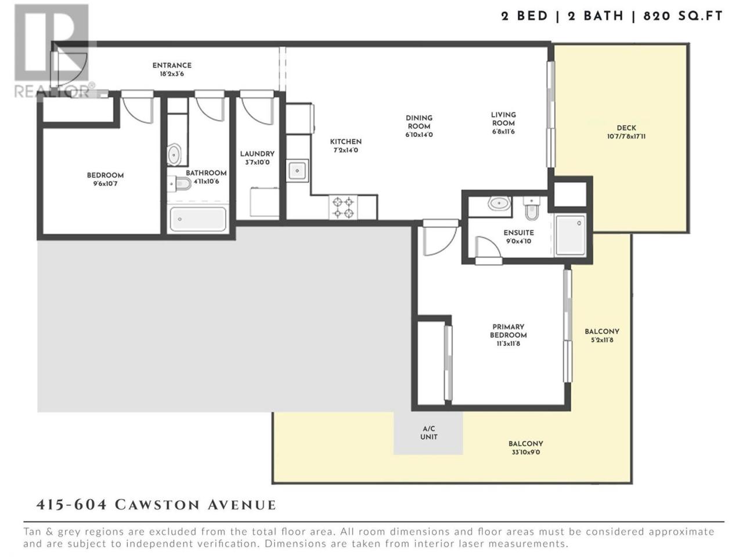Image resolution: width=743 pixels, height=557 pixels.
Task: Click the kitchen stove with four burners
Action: (x=343, y=208)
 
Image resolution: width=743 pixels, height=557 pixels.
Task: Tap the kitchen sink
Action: (x=297, y=171)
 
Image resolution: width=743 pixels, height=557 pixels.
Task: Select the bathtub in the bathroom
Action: (x=198, y=219)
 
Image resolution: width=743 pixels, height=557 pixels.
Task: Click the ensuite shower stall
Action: (x=571, y=236)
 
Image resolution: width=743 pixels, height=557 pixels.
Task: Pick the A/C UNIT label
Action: (x=428, y=433)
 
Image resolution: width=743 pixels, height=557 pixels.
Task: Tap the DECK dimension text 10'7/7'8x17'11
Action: (x=626, y=136)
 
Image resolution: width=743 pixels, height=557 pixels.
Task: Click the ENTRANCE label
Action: (x=172, y=65)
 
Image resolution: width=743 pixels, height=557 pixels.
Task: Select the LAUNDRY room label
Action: (x=257, y=154)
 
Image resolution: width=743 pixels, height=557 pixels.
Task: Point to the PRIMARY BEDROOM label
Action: (x=508, y=331)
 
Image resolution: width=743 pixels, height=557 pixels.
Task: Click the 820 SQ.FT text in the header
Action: (x=683, y=16)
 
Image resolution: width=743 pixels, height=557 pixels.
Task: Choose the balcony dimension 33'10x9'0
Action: (x=526, y=452)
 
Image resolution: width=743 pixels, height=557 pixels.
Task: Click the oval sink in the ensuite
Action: (x=499, y=203)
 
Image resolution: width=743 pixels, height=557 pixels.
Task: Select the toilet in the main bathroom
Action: (x=179, y=184)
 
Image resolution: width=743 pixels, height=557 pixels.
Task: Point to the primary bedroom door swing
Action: (x=439, y=240)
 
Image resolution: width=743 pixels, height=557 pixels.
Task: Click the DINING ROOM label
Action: (x=419, y=122)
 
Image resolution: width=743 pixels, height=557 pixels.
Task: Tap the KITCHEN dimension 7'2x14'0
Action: (x=345, y=150)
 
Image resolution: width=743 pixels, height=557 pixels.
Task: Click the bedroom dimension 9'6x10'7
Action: (x=105, y=184)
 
